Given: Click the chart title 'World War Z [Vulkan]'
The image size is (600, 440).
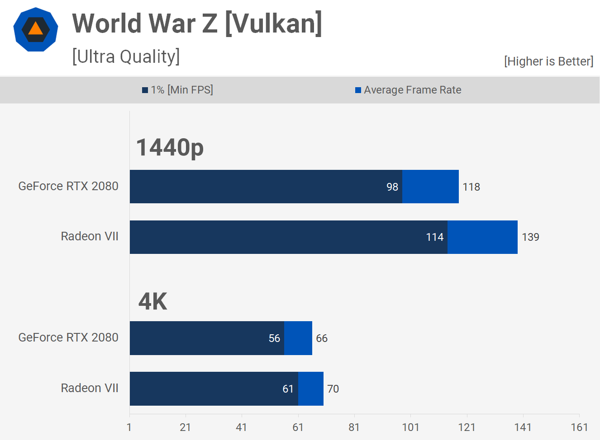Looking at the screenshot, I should coord(197,23).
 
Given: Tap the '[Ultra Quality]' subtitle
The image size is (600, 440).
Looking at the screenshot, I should coord(126,56).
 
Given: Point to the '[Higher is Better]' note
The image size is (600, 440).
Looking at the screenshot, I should coord(548,61).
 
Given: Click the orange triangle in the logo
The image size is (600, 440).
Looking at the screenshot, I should coord(35,29).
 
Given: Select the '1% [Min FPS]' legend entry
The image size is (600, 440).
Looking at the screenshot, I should coord(177,90).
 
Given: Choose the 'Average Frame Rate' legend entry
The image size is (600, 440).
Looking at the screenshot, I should coord(408,90).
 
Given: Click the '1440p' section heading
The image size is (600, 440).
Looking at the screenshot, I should coord(170,147).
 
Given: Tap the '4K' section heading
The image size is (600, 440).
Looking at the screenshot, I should coord(152,301).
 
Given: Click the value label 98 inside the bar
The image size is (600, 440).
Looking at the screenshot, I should coord(392,187).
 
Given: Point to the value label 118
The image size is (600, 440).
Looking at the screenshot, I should coord(471,187).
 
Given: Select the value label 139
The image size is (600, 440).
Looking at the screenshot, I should coord(530,237).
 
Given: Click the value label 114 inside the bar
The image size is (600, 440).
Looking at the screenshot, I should coord(434,237).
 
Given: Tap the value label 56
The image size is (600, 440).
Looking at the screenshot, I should coord(274,338).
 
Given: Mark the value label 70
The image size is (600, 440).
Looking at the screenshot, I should coord(333,389).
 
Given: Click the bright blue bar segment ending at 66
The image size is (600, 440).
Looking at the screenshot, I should coord(298,338).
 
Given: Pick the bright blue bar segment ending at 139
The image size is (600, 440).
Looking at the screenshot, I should coord(482,237).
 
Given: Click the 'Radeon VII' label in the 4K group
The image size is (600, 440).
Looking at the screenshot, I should coord(90,388).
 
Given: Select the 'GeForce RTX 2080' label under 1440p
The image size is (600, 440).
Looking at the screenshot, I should coord(68,186).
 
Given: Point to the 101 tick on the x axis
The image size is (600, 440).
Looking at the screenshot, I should coord(410,427).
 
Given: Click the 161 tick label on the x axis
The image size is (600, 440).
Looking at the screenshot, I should coord(579,427).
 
